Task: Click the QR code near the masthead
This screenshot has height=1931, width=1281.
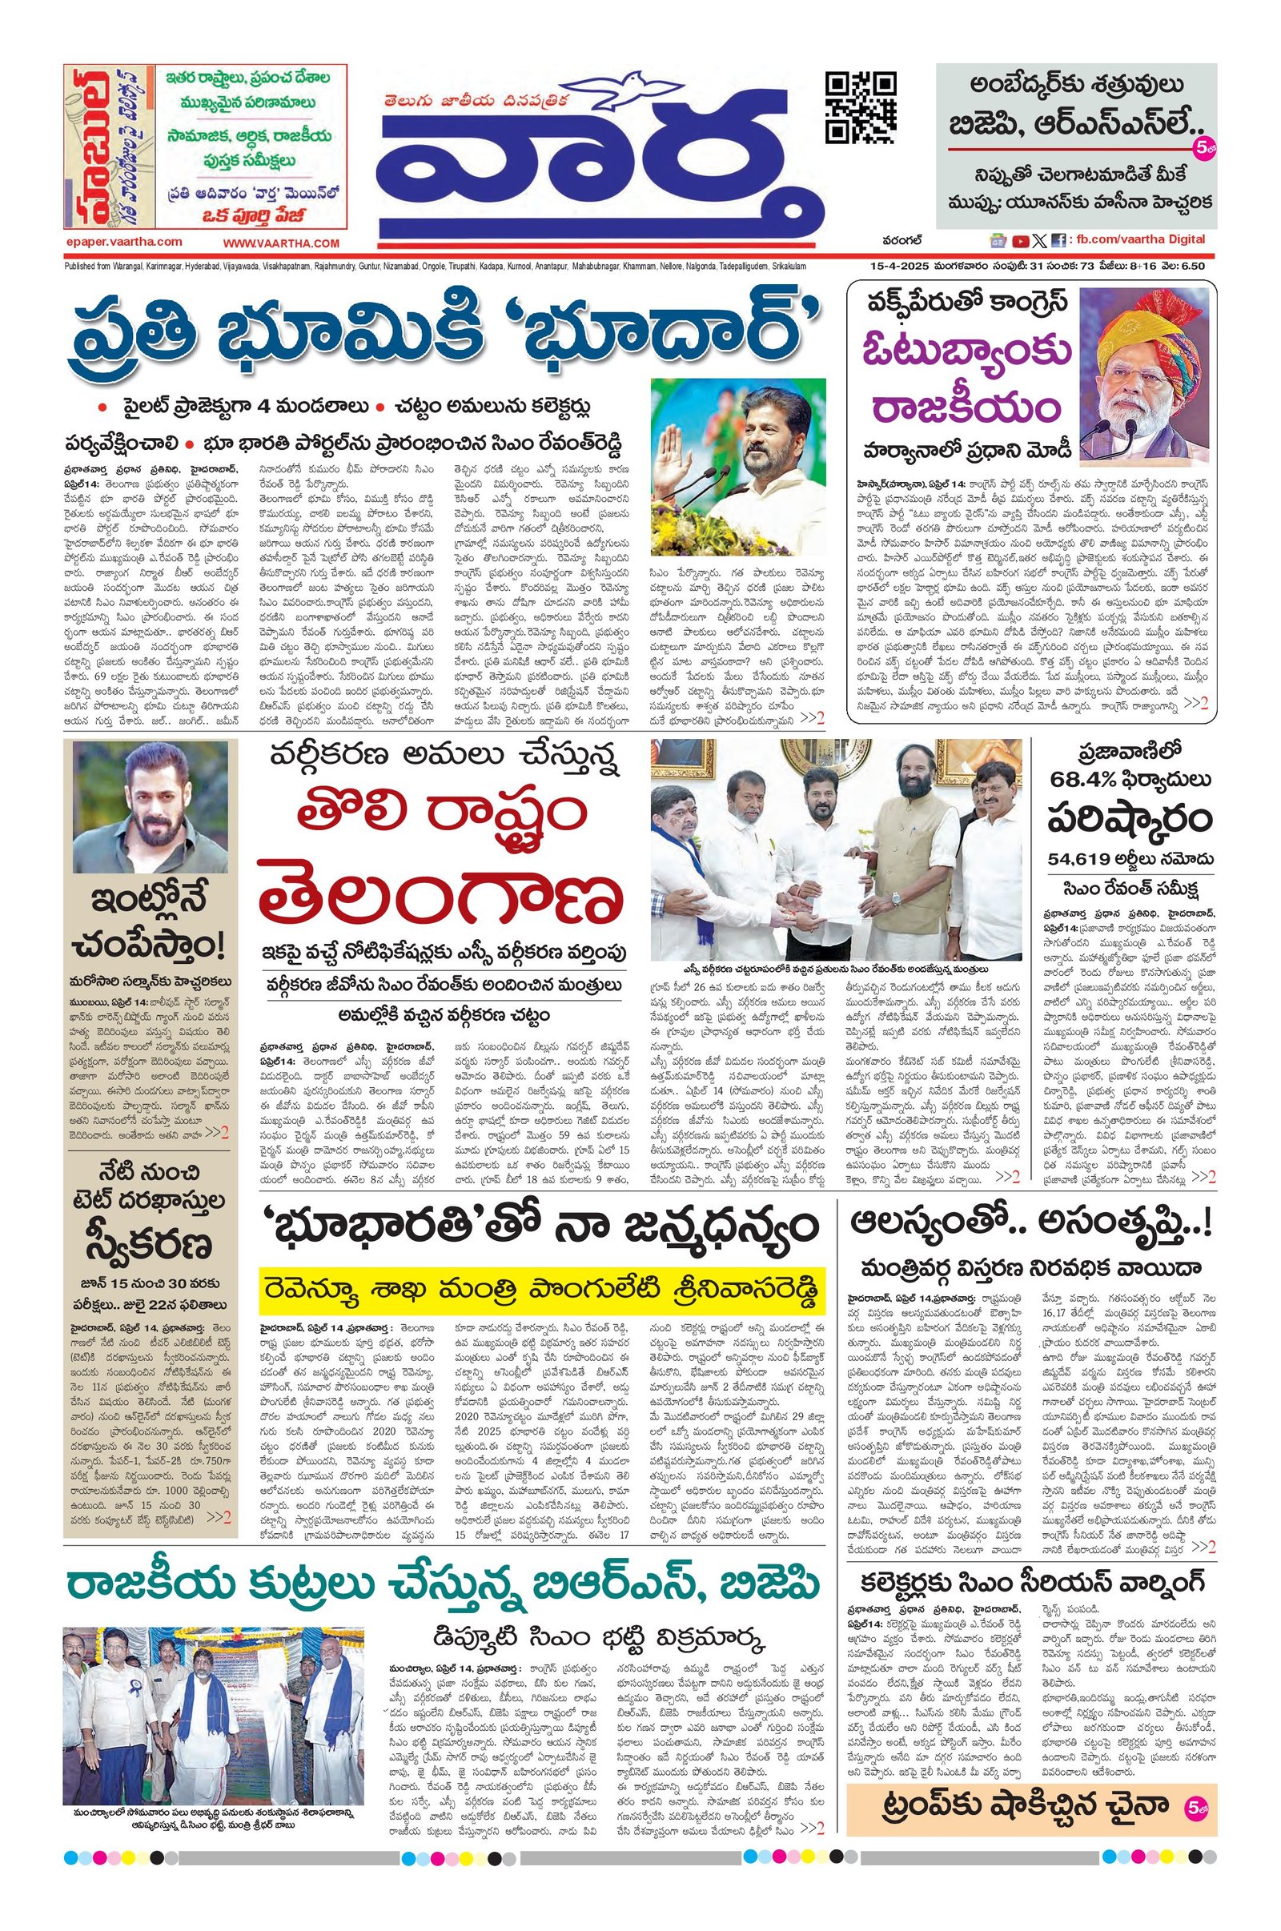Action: coord(860,108)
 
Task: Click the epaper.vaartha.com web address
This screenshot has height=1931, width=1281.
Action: coord(125,242)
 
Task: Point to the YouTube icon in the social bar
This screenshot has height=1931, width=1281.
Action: coord(1020,241)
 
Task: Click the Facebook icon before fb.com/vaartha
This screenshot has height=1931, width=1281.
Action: coord(1058,241)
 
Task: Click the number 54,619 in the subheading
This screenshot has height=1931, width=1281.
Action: coord(1080,858)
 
